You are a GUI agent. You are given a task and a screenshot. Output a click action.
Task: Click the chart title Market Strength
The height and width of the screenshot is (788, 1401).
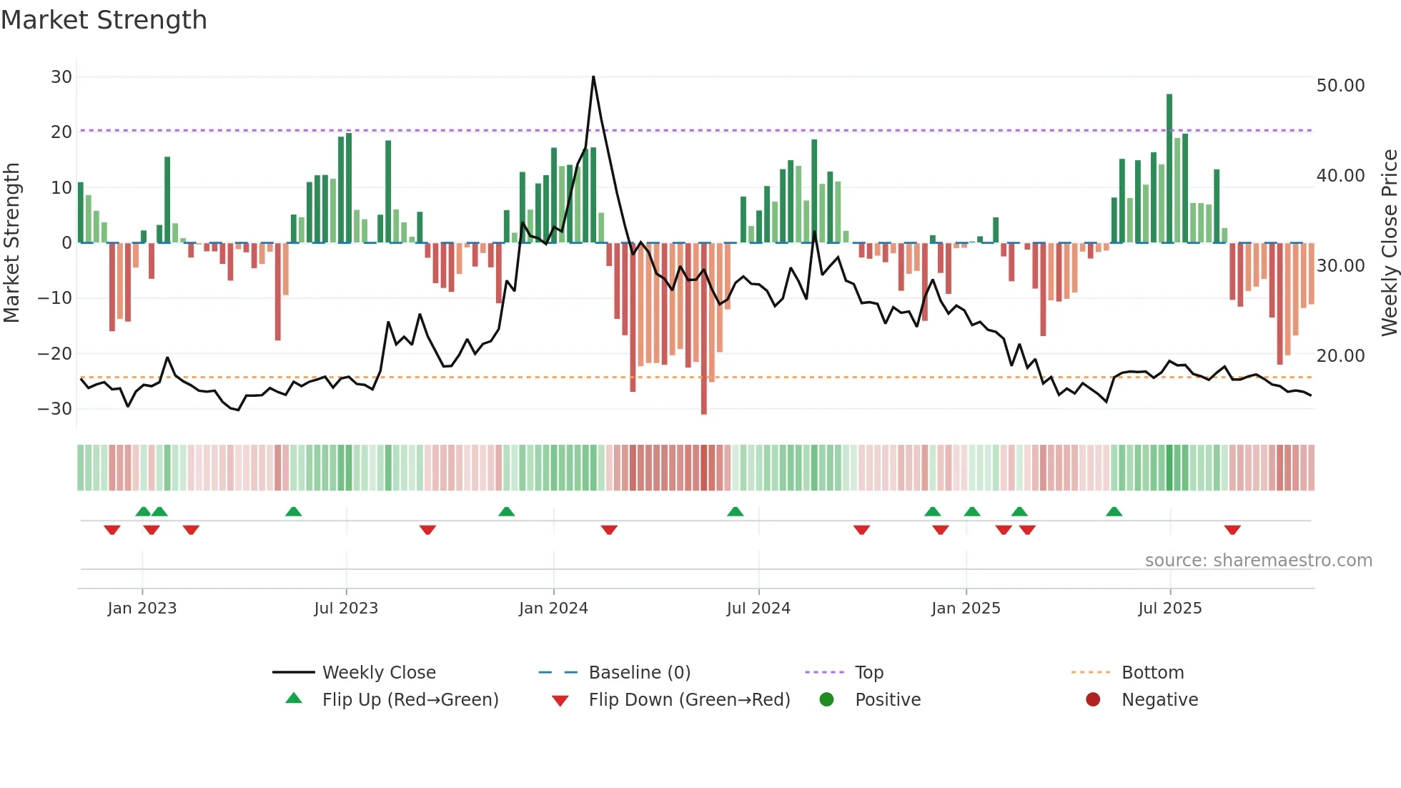coord(104,20)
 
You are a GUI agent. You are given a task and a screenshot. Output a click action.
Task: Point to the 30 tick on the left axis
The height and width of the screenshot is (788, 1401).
coord(61,77)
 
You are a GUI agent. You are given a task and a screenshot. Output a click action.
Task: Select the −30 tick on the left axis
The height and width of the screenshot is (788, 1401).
coord(56,409)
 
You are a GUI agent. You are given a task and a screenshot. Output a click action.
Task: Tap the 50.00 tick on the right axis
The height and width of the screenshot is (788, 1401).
coord(1340,86)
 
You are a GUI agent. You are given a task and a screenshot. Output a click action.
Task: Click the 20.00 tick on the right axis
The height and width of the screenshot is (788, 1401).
coord(1340,356)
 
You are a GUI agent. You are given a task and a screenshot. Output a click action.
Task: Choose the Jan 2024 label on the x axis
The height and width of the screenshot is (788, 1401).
coord(553,609)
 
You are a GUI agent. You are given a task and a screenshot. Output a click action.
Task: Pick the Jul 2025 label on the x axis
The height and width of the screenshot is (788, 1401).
coord(1169,609)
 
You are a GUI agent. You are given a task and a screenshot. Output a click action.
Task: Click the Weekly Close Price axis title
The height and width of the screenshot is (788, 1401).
coord(1389,243)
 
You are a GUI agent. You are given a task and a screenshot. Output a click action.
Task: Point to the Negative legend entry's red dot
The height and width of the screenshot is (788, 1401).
coord(1093,700)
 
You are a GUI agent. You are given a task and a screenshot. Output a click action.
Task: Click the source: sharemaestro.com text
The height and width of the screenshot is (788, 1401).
coord(1258,561)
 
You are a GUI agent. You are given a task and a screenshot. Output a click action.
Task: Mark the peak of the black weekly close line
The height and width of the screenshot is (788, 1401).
coord(593,77)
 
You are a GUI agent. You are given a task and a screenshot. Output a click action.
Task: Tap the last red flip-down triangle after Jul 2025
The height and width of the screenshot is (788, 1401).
coord(1232,530)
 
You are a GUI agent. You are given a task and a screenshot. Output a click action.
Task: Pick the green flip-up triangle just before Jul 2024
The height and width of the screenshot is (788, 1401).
coord(735,511)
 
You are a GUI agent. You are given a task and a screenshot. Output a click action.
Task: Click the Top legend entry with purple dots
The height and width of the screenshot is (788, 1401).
coord(868,673)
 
